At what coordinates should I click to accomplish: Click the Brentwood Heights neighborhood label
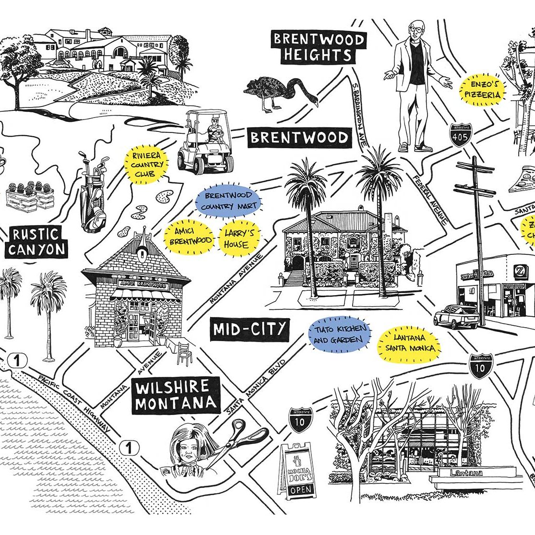tap(318, 47)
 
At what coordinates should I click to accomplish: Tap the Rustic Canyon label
tap(36, 242)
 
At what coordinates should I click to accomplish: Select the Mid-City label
tap(250, 330)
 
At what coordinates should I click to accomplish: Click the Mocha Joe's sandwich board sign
tap(298, 470)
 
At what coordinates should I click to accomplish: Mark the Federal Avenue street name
tap(431, 200)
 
